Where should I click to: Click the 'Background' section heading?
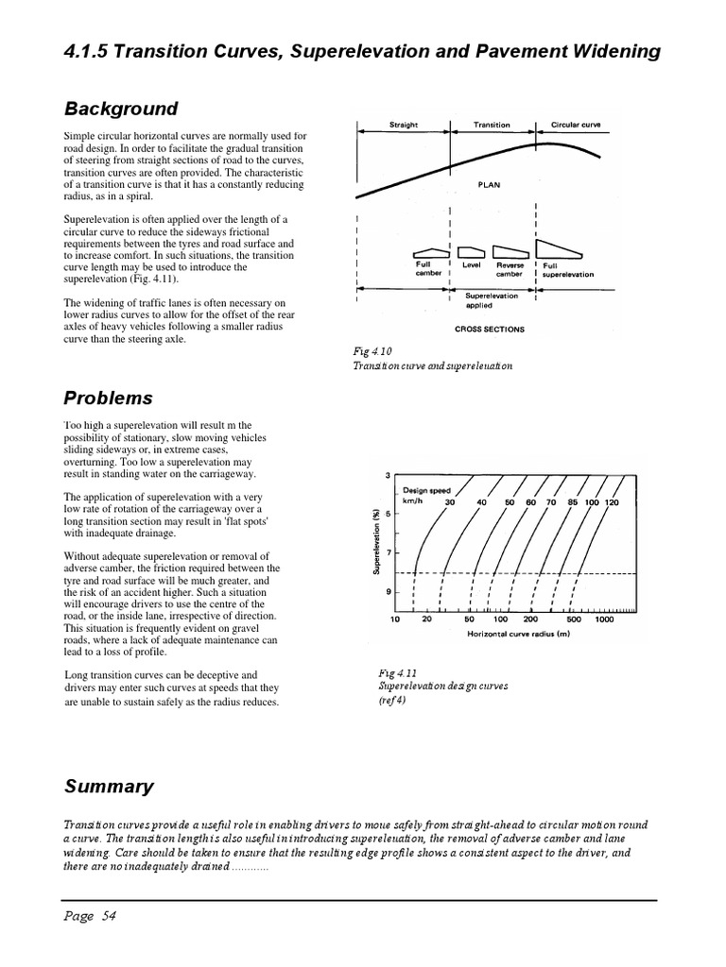120,109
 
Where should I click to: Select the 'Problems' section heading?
108,398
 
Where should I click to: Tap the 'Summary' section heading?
108,786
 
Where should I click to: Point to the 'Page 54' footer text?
90,915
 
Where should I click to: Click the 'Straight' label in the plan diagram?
404,125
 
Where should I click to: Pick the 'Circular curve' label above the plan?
575,125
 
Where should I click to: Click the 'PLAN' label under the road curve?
489,185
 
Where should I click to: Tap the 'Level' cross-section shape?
471,252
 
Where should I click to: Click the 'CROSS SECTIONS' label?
489,330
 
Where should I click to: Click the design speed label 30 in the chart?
450,502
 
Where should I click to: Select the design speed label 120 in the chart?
612,502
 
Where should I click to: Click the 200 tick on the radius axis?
530,620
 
